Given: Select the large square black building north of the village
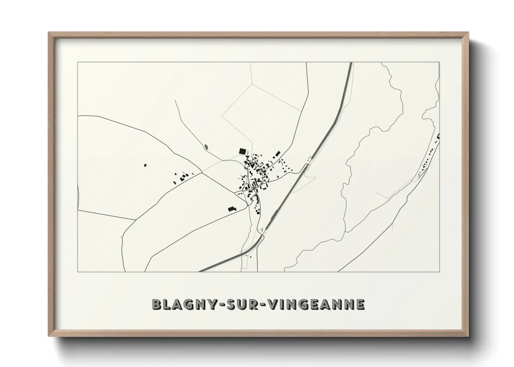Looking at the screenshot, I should point(242,151).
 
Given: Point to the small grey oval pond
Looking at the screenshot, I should point(207,147).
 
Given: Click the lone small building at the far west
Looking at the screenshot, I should point(145,165).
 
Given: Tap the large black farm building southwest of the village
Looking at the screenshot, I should point(232,209).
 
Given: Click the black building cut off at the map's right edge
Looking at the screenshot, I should point(438,136).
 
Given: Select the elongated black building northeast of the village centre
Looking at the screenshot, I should point(277,154).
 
